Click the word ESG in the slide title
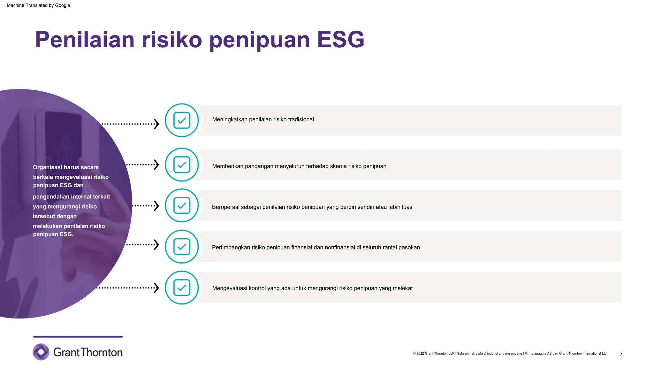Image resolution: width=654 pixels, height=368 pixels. (340, 40)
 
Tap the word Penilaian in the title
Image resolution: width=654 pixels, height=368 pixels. (85, 40)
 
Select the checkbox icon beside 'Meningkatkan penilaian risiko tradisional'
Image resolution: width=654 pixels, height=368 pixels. (182, 120)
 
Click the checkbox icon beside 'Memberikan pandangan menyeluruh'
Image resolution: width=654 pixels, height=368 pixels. (182, 165)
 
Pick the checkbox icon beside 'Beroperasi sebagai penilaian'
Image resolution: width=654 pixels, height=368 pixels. (182, 205)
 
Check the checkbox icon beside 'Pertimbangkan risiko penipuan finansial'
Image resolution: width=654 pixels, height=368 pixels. (182, 247)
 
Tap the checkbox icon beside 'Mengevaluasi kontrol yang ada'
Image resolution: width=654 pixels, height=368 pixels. (182, 287)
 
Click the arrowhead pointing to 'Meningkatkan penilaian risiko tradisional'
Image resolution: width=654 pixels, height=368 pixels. (156, 124)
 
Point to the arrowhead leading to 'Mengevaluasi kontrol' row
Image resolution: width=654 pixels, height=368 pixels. (156, 288)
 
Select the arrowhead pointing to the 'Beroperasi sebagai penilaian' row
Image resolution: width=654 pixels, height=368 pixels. (156, 206)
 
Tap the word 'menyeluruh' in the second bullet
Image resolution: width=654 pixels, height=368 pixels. (289, 166)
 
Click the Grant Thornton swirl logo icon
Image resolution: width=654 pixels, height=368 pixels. (41, 352)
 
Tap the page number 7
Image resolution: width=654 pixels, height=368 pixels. (621, 354)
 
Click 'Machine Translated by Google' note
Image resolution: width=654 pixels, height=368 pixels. (38, 5)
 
